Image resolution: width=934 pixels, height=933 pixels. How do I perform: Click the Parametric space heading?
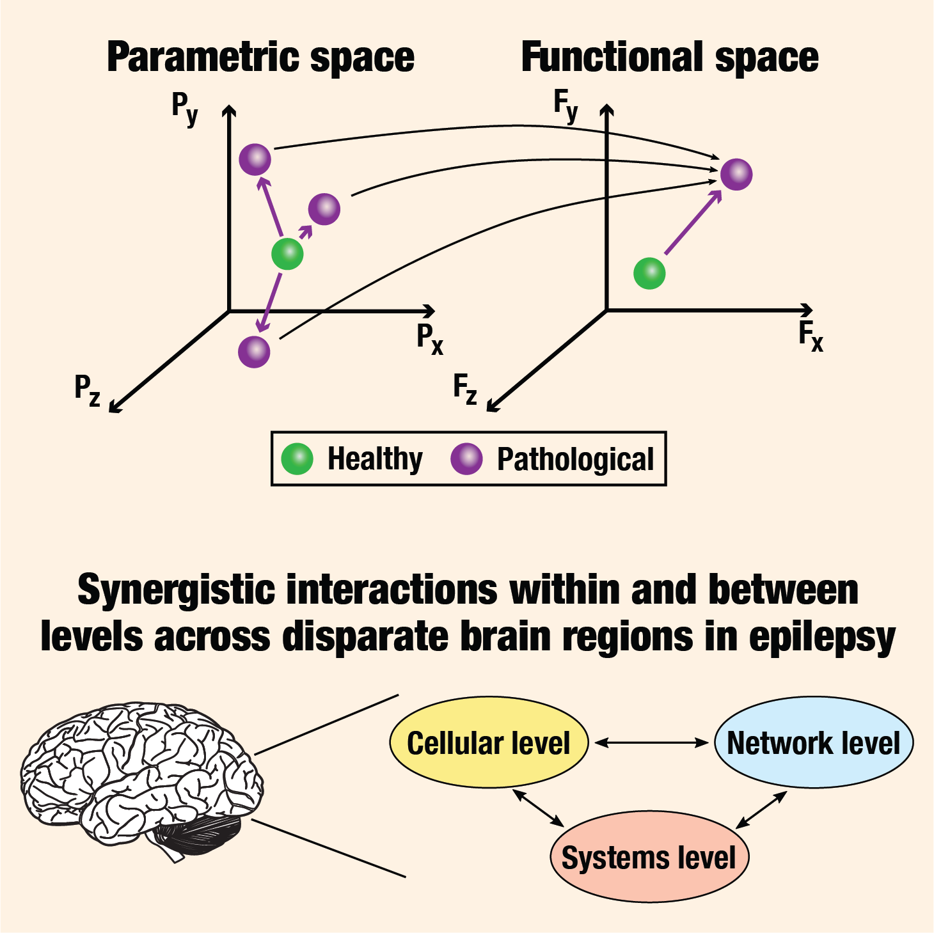point(260,58)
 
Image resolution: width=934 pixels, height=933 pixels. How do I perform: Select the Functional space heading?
point(669,58)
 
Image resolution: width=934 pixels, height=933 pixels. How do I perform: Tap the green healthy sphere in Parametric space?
point(287,255)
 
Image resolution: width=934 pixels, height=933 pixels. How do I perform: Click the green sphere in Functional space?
point(649,274)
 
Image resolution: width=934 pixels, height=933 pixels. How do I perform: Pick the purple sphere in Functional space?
point(736,174)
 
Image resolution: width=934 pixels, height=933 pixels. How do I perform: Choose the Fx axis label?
point(811,336)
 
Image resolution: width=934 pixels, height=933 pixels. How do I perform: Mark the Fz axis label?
point(465,389)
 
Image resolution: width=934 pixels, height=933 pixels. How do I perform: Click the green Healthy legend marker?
point(297,459)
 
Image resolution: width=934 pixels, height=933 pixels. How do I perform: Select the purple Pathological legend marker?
point(466,459)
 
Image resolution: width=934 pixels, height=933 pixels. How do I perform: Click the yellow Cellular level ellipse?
point(489,743)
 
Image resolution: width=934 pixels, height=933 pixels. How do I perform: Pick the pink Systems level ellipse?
point(649,857)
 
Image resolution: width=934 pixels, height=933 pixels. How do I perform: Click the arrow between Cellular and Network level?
point(651,742)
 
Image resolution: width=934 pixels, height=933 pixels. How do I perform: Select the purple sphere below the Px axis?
point(254,352)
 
